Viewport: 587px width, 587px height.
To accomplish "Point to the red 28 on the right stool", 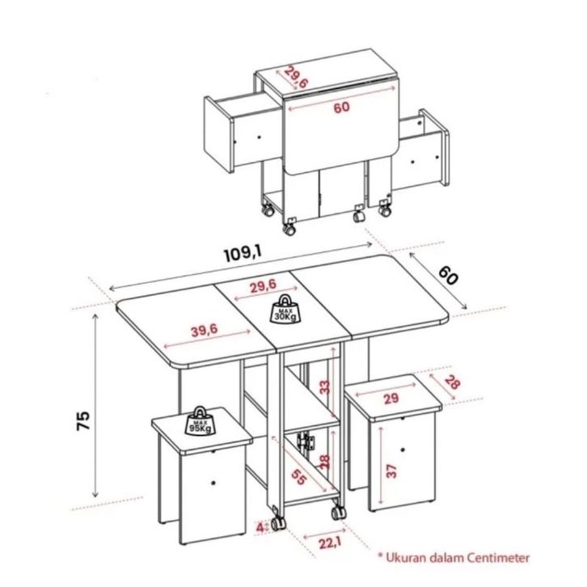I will (x=452, y=383).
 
